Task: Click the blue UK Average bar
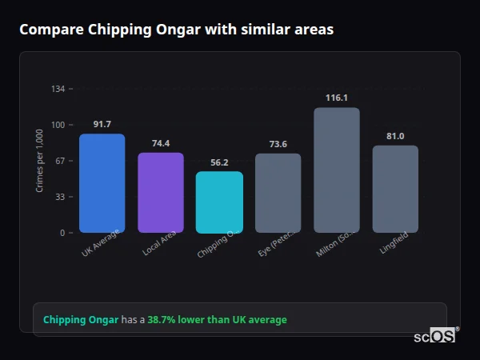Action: coord(102,183)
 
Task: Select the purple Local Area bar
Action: coord(161,193)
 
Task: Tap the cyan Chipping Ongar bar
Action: coord(219,202)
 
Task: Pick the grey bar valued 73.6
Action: coord(278,193)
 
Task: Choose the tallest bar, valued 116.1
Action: coord(337,170)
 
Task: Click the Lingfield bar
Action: coord(395,189)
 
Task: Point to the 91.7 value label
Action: coord(102,124)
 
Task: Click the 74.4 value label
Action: coord(161,143)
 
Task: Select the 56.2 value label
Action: coord(219,162)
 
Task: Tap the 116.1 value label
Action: coord(337,98)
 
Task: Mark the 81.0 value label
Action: coord(395,136)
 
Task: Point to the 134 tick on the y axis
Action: coord(58,88)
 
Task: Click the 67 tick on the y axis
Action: coord(60,161)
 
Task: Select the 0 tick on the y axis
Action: coord(62,233)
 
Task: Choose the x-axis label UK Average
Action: coord(100,244)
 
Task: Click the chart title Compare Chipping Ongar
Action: coord(176,30)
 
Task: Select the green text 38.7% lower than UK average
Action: coord(217,320)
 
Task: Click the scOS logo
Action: coord(435,336)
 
